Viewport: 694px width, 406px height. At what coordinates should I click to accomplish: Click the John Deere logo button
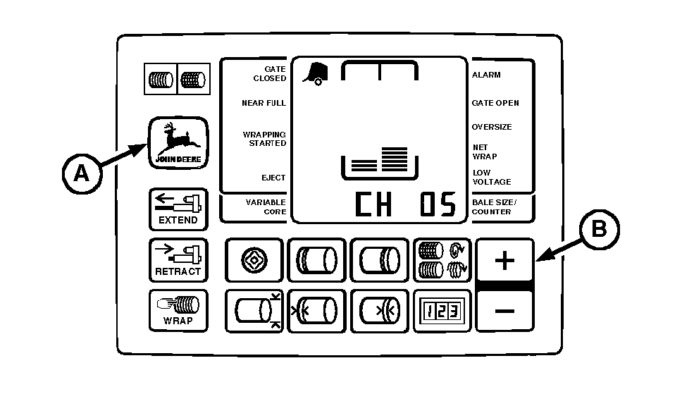pyautogui.click(x=178, y=142)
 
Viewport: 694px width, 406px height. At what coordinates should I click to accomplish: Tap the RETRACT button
pyautogui.click(x=178, y=260)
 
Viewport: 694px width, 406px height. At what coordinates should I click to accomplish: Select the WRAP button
pyautogui.click(x=178, y=310)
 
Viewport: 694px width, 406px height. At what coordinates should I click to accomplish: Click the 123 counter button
pyautogui.click(x=442, y=311)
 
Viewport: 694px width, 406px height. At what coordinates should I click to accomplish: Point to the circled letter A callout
pyautogui.click(x=82, y=173)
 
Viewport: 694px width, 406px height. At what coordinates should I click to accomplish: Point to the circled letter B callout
pyautogui.click(x=600, y=229)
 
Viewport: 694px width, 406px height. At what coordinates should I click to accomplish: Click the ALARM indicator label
pyautogui.click(x=486, y=75)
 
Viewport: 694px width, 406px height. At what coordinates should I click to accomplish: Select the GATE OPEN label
pyautogui.click(x=495, y=103)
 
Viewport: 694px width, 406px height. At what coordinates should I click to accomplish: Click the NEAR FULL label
pyautogui.click(x=264, y=103)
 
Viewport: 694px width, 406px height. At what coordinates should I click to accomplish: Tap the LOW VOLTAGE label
pyautogui.click(x=492, y=178)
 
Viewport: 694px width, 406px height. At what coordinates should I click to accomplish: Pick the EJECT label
pyautogui.click(x=273, y=178)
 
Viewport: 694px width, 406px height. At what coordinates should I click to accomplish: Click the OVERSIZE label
pyautogui.click(x=492, y=127)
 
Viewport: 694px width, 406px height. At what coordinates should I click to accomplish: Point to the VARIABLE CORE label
pyautogui.click(x=266, y=207)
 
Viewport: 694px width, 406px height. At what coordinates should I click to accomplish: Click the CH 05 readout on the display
pyautogui.click(x=405, y=204)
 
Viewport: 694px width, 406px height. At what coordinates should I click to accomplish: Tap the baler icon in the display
pyautogui.click(x=316, y=73)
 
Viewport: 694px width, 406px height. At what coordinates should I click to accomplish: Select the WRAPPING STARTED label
pyautogui.click(x=264, y=139)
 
